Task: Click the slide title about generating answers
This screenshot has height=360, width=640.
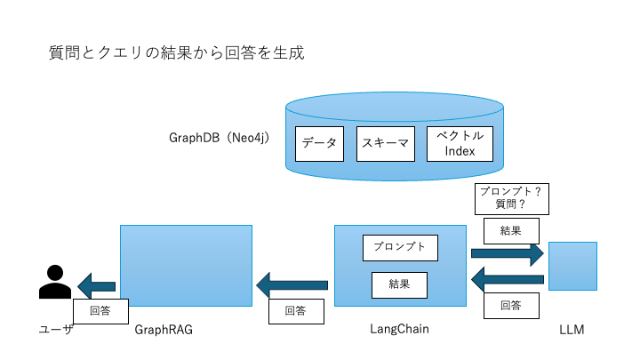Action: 176,52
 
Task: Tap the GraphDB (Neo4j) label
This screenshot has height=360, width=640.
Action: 220,139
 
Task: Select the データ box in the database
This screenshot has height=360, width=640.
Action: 319,143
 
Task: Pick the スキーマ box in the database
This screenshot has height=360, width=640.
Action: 385,143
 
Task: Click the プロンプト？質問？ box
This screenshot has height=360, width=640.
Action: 510,198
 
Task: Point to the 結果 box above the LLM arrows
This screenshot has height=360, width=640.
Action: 511,230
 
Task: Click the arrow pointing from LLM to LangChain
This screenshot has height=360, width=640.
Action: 507,280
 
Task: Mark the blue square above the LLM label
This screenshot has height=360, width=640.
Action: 572,266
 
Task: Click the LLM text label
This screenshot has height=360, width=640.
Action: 572,330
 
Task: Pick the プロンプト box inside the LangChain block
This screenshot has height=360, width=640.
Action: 400,247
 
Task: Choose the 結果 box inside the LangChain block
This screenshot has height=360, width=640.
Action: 400,284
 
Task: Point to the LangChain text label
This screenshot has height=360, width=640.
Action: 399,329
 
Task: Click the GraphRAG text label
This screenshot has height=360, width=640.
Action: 164,330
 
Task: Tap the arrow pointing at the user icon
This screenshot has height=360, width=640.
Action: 97,286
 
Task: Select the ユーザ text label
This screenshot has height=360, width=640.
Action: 55,330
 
